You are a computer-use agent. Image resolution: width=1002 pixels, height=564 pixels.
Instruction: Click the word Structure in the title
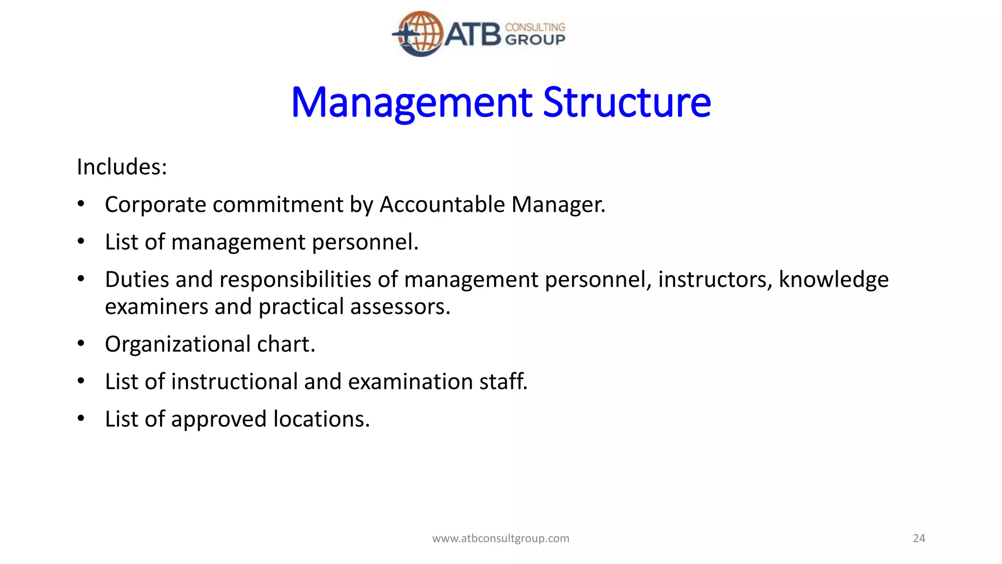point(627,103)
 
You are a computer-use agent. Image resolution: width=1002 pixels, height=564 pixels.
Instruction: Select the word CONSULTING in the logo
point(535,27)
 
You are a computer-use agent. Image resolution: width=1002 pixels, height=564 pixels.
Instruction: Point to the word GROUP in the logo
point(535,40)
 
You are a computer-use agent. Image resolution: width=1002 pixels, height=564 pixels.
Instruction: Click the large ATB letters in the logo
point(473,34)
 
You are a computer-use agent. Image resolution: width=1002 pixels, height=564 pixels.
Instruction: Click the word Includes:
point(122,167)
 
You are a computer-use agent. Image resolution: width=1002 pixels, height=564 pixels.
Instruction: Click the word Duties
point(137,280)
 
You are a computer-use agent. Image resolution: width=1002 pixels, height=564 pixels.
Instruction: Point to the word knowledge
point(833,280)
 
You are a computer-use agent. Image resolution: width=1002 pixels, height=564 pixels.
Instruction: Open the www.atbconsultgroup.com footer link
point(501,539)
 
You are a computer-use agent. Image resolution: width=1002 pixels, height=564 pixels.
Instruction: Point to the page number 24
point(919,539)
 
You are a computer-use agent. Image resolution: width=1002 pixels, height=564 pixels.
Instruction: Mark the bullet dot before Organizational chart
point(81,343)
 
